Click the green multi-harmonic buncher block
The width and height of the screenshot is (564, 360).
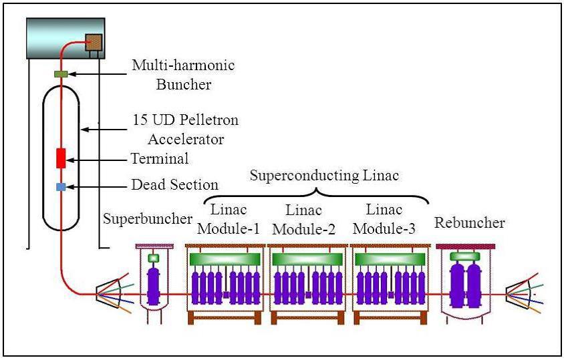coord(61,74)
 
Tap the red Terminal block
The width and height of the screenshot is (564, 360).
coord(61,158)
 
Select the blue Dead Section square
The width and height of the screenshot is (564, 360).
coord(61,187)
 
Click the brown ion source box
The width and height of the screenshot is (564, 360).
coord(94,42)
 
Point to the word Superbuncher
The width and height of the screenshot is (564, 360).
coord(148,218)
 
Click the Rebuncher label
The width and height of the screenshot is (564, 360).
coord(469,222)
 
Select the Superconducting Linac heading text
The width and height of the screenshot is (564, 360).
coord(325,176)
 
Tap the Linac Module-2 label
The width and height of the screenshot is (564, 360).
coord(303,219)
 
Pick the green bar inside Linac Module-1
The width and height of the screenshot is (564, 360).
coord(225,259)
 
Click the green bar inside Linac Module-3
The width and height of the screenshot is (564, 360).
coord(390,259)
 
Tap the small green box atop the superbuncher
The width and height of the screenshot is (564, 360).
coord(153,258)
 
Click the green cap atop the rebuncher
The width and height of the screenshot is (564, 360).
coord(465,256)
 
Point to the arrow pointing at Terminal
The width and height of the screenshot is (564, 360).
coord(97,160)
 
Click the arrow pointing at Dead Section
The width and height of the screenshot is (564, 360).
coord(97,187)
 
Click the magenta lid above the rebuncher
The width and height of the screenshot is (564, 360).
coord(466,246)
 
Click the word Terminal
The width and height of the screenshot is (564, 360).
coord(160,158)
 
